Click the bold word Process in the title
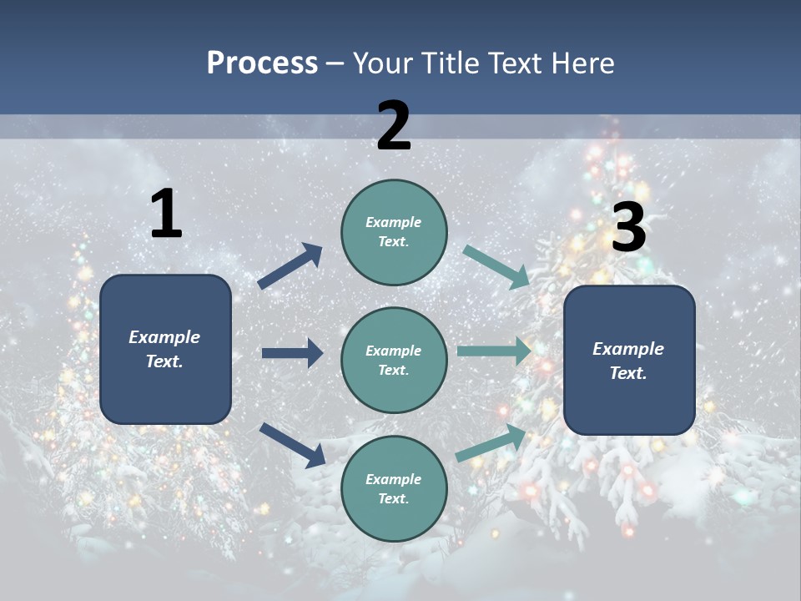pyautogui.click(x=262, y=63)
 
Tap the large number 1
pyautogui.click(x=166, y=215)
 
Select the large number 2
pyautogui.click(x=394, y=126)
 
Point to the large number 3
pyautogui.click(x=628, y=228)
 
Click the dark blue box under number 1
pyautogui.click(x=165, y=349)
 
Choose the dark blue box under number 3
pyautogui.click(x=629, y=360)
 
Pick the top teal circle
pyautogui.click(x=394, y=231)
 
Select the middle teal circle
pyautogui.click(x=394, y=360)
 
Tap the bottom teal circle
pyautogui.click(x=394, y=488)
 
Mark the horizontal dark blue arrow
pyautogui.click(x=292, y=353)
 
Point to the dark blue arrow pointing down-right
pyautogui.click(x=292, y=445)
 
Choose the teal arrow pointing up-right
pyautogui.click(x=491, y=443)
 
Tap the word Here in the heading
pyautogui.click(x=583, y=63)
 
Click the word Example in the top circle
pyautogui.click(x=394, y=222)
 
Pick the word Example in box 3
pyautogui.click(x=628, y=349)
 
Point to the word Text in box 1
pyautogui.click(x=164, y=361)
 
